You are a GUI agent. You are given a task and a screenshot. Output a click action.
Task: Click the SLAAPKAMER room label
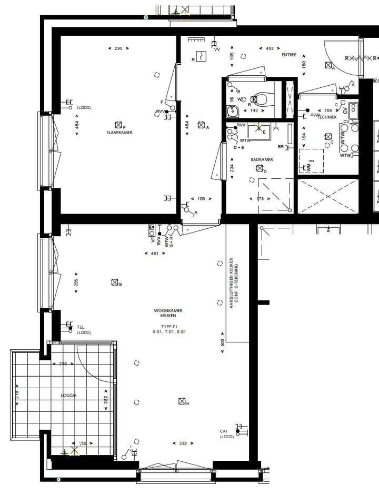(118, 133)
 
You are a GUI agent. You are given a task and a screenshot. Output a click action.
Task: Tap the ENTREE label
(289, 55)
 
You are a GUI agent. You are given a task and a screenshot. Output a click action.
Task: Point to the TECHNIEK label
(327, 117)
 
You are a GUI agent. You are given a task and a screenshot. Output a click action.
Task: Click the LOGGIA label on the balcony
(68, 395)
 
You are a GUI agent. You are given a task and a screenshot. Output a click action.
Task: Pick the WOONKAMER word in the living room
(168, 311)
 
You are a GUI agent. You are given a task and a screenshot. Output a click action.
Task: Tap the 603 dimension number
(223, 342)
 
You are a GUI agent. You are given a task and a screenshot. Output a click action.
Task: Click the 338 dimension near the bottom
(183, 443)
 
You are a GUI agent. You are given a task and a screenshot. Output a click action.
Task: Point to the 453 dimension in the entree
(270, 48)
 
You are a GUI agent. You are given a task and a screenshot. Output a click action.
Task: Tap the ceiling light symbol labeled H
(182, 402)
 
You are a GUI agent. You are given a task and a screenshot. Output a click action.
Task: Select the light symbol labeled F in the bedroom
(118, 125)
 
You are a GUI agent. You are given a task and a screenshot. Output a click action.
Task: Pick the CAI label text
(224, 431)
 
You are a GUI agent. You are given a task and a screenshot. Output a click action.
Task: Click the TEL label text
(81, 327)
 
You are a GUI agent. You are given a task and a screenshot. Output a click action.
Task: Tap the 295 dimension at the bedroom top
(118, 48)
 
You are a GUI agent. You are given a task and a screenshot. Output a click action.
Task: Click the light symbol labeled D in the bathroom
(259, 168)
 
